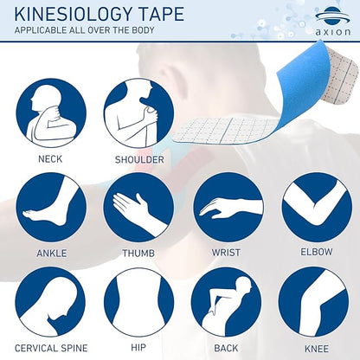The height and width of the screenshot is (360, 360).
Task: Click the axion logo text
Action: coord(333,32)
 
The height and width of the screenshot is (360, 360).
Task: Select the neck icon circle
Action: coord(51,113)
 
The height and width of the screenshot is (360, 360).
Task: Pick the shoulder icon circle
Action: coord(138,113)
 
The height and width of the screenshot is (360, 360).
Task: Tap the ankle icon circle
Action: coord(51,208)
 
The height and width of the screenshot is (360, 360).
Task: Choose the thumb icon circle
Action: coord(138,208)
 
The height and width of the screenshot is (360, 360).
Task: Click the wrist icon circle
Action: coord(228,208)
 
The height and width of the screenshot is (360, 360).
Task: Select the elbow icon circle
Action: coord(317,208)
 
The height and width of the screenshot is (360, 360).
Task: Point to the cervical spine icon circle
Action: coord(50,302)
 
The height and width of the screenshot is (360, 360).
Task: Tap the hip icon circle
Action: coord(138,302)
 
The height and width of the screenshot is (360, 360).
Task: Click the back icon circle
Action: coord(227,302)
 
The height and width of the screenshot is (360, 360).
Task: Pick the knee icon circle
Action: coord(314,302)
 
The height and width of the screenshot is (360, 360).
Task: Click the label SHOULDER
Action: coord(139,159)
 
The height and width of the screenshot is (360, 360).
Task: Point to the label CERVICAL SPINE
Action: coord(51,348)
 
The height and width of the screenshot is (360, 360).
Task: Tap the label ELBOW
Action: coord(317,252)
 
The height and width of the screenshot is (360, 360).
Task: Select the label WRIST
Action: coord(226,253)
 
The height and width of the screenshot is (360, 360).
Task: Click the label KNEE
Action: coord(317,349)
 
